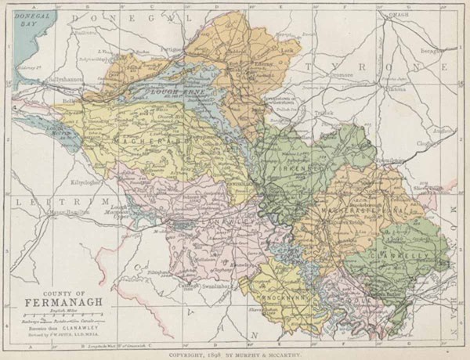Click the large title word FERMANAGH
point(53,302)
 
